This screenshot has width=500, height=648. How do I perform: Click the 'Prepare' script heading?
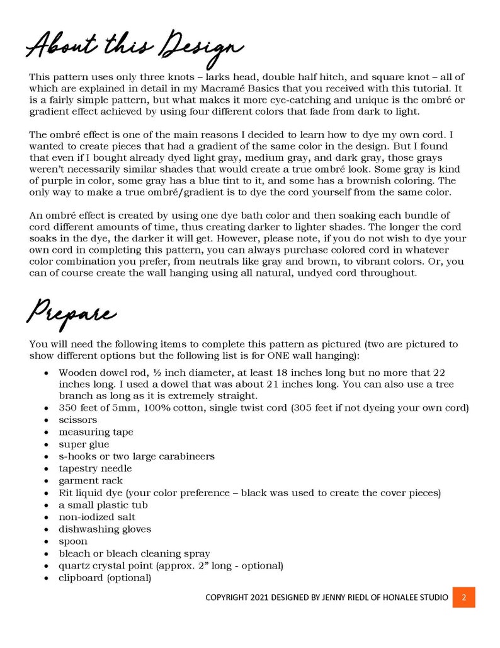[71, 311]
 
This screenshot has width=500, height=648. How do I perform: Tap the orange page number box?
[463, 598]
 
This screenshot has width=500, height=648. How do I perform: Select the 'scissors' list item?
[78, 420]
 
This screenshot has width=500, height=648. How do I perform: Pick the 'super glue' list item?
[84, 444]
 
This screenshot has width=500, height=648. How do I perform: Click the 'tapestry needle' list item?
[95, 468]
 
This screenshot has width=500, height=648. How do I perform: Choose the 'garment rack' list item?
[88, 481]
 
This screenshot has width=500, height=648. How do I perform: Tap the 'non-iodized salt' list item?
[97, 517]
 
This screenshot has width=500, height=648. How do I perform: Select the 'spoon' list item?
[73, 541]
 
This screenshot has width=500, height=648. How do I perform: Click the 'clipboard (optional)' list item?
[105, 577]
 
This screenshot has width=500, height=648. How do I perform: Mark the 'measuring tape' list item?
[96, 432]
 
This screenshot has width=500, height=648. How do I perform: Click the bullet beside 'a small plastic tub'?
[47, 505]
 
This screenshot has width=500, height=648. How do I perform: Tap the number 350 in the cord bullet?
[67, 408]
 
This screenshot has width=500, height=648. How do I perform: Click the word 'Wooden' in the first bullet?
[78, 372]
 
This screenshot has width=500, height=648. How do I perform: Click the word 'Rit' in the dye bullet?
[66, 493]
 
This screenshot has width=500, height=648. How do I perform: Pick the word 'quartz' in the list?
[74, 565]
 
